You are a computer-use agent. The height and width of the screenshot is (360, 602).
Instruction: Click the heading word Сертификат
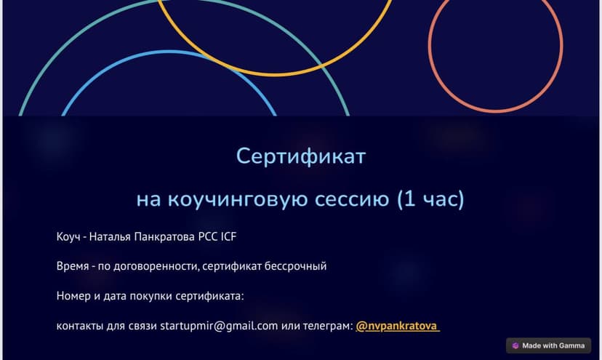301,156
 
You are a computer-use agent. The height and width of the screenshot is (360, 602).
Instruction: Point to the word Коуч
68,236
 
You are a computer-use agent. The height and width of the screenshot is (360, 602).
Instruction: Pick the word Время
72,266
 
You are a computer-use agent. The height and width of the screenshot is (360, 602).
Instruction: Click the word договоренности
155,266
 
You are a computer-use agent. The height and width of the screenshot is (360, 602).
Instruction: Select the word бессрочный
295,266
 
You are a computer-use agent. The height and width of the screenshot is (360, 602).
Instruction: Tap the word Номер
73,296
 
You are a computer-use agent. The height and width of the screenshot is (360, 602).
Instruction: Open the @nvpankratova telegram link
397,326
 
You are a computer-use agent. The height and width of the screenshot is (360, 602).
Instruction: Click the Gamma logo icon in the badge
515,345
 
